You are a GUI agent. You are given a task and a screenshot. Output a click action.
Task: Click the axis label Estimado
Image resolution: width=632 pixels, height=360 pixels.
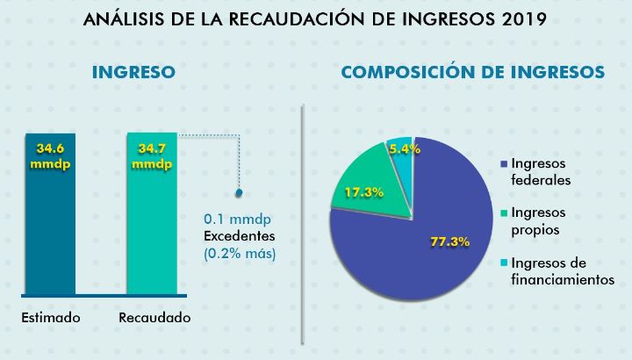tap(50, 317)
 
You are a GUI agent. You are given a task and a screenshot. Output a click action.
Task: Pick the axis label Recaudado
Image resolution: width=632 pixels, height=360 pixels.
tap(154, 317)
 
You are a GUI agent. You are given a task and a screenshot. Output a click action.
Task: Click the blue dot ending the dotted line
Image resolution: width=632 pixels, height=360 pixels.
tap(240, 191)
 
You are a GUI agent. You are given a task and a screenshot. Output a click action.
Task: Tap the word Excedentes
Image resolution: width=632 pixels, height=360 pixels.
tap(239, 236)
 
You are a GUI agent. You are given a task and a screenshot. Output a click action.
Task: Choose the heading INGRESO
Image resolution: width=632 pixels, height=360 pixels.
tap(133, 73)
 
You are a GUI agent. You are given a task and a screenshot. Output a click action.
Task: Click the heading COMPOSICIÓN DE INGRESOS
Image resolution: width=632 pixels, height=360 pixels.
tap(472, 73)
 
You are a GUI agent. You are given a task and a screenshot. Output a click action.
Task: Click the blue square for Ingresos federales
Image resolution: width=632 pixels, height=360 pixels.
tap(504, 164)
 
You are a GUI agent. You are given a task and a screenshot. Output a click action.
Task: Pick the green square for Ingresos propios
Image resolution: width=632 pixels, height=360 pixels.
tap(504, 213)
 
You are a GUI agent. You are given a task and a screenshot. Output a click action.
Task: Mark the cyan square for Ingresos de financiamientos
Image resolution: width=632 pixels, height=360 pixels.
tap(504, 263)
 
